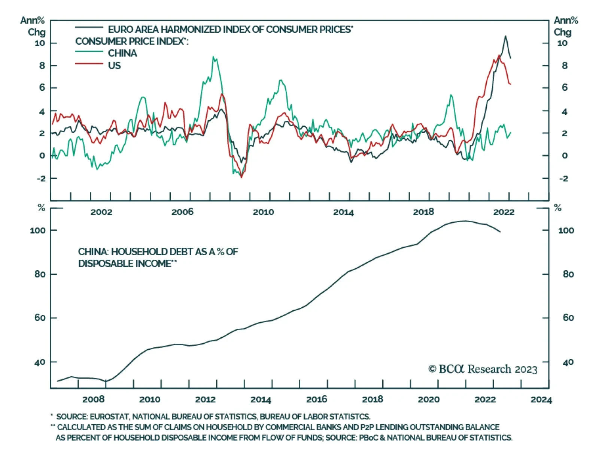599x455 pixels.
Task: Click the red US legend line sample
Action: click(x=89, y=64)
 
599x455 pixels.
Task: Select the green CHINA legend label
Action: click(x=122, y=53)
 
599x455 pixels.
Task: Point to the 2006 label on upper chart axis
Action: click(x=182, y=212)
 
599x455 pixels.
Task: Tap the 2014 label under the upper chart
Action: click(x=343, y=212)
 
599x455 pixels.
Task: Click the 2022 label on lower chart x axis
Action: click(x=485, y=400)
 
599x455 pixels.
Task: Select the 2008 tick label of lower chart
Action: click(x=93, y=400)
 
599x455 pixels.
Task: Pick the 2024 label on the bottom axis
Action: click(x=541, y=400)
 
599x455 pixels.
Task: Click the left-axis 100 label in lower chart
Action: click(x=38, y=230)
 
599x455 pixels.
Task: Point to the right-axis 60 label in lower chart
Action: click(x=568, y=318)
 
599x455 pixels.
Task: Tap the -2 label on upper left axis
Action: click(x=41, y=178)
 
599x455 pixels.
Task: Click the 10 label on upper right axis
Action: click(x=562, y=43)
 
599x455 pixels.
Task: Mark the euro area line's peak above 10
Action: click(x=505, y=36)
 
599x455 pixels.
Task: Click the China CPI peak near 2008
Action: click(x=213, y=57)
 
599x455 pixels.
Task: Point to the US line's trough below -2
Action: click(x=241, y=177)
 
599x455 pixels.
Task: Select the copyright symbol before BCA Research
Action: click(x=432, y=369)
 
